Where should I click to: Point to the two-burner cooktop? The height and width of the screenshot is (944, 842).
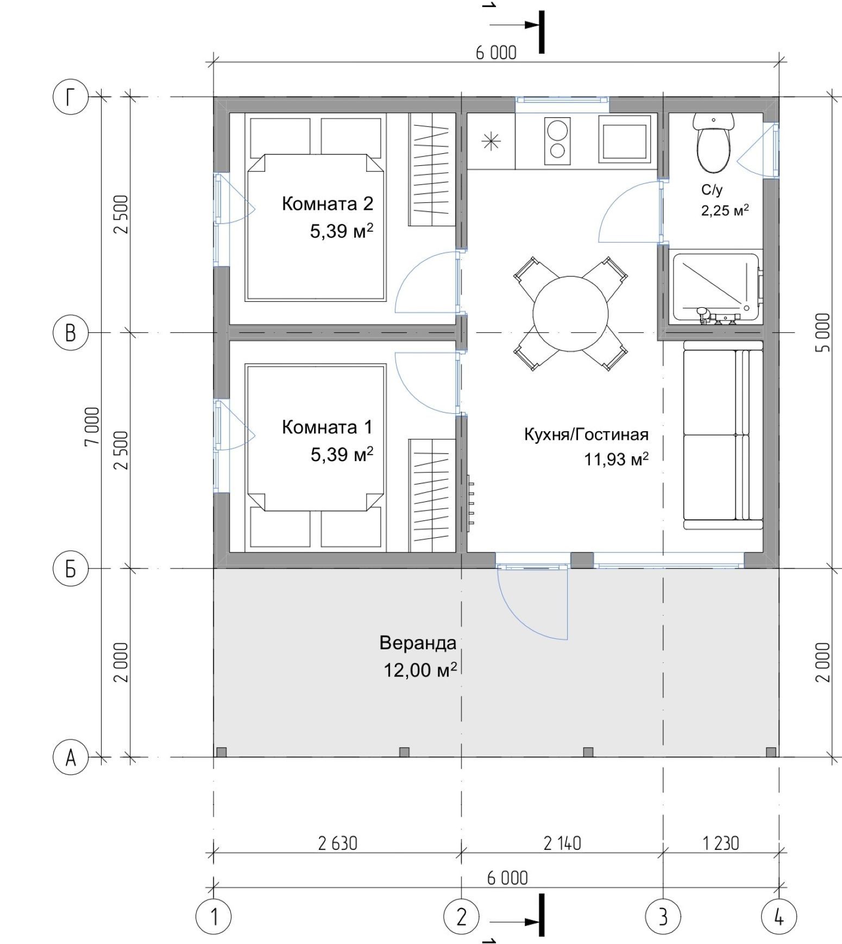(x=557, y=140)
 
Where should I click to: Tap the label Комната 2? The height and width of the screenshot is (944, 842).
(x=328, y=203)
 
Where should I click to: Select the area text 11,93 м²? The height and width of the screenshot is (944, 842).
(x=617, y=459)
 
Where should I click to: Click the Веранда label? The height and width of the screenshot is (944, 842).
(x=418, y=643)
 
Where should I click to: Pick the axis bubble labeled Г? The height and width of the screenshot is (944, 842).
(x=70, y=97)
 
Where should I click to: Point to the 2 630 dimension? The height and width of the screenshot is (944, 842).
(x=337, y=843)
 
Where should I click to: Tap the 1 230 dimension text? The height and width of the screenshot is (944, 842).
(x=721, y=843)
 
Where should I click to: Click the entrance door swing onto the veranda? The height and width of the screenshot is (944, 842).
(x=533, y=603)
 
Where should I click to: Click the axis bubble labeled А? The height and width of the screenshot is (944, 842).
(x=70, y=757)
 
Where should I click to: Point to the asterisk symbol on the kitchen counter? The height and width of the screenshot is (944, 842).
(x=491, y=142)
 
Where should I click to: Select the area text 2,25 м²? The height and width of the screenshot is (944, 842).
(x=725, y=210)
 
